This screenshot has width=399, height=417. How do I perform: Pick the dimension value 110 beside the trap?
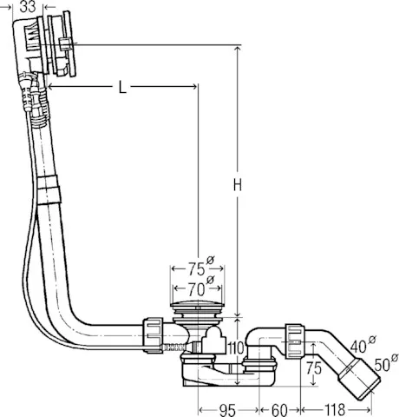[235, 349]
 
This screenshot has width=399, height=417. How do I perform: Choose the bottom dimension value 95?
[228, 408]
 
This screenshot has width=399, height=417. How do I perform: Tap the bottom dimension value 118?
[338, 408]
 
